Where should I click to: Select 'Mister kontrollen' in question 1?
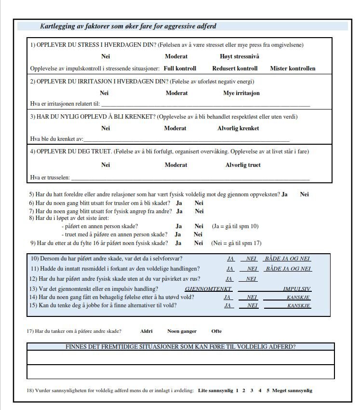point(293,68)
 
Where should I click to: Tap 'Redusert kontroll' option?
point(235,68)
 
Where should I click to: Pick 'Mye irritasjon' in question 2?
point(241,93)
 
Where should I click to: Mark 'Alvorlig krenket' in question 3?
point(238,128)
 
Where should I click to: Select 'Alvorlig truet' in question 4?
point(243,165)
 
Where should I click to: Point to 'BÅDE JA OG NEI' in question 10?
point(288,259)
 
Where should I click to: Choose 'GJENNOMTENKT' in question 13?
point(208,288)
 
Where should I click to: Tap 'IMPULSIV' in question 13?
point(297,288)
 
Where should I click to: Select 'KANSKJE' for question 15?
point(298,306)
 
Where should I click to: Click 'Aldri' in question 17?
point(146,331)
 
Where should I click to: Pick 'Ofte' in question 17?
point(216,331)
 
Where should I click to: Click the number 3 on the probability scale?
point(252,390)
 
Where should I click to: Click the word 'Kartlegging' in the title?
point(58,26)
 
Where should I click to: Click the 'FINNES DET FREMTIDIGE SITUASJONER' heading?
point(180,346)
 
